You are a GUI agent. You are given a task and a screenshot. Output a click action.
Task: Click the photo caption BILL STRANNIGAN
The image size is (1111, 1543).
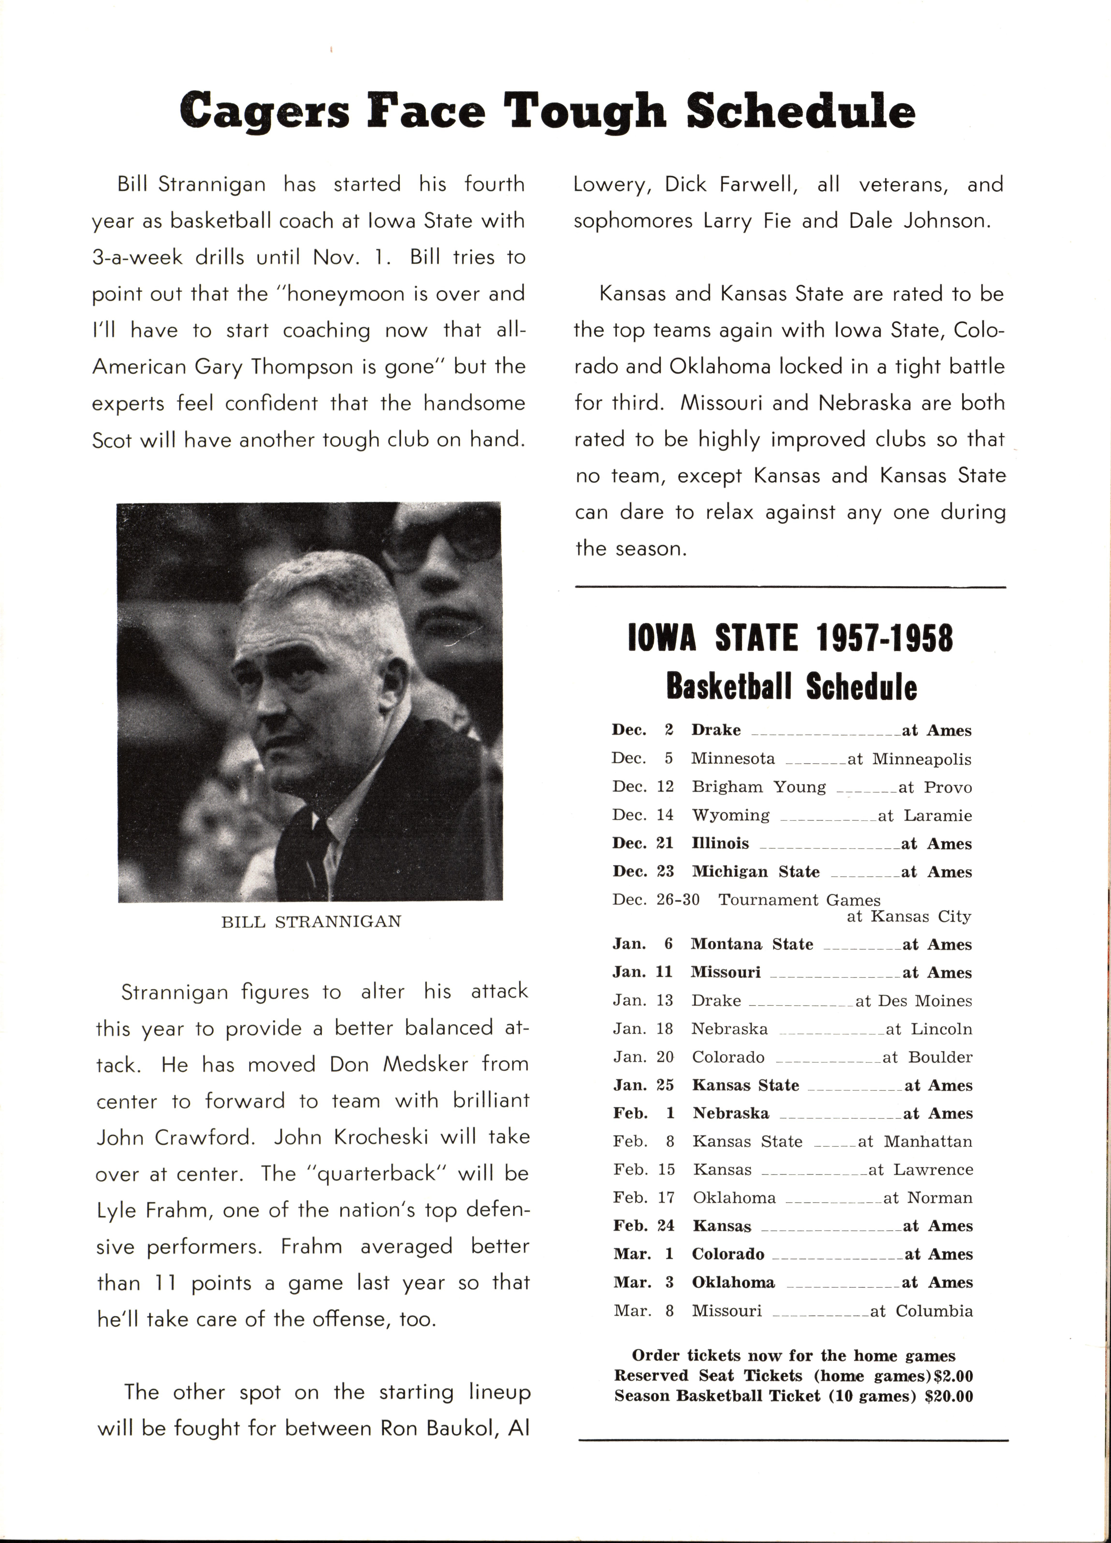coord(311,922)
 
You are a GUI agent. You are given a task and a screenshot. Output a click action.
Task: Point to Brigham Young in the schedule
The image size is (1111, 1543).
coord(758,787)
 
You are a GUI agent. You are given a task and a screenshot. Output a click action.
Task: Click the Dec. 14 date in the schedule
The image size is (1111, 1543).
coord(643,815)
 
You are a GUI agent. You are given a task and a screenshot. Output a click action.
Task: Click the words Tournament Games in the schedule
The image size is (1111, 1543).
coord(799,900)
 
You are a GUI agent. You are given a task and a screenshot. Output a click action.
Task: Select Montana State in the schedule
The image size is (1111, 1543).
coord(751,944)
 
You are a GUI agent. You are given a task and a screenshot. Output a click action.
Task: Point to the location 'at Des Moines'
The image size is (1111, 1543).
coord(913,1001)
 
